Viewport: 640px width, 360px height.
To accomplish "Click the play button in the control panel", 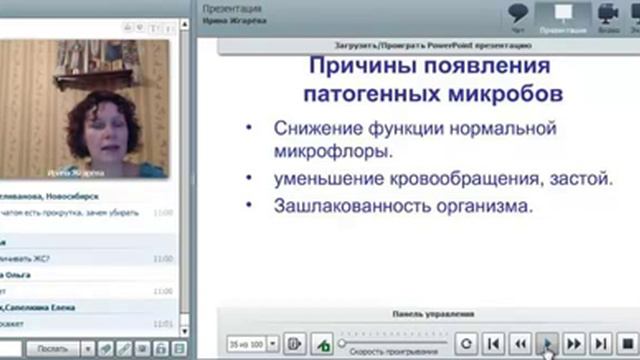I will [547, 343].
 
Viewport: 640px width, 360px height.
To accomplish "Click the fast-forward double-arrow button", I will [573, 343].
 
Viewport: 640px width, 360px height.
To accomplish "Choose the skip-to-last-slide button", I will [599, 343].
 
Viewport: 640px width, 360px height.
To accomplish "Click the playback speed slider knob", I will [342, 343].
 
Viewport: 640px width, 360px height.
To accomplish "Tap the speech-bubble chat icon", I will [517, 13].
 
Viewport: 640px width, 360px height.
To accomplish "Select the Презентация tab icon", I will [562, 13].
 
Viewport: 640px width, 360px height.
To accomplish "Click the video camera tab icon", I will [606, 13].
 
